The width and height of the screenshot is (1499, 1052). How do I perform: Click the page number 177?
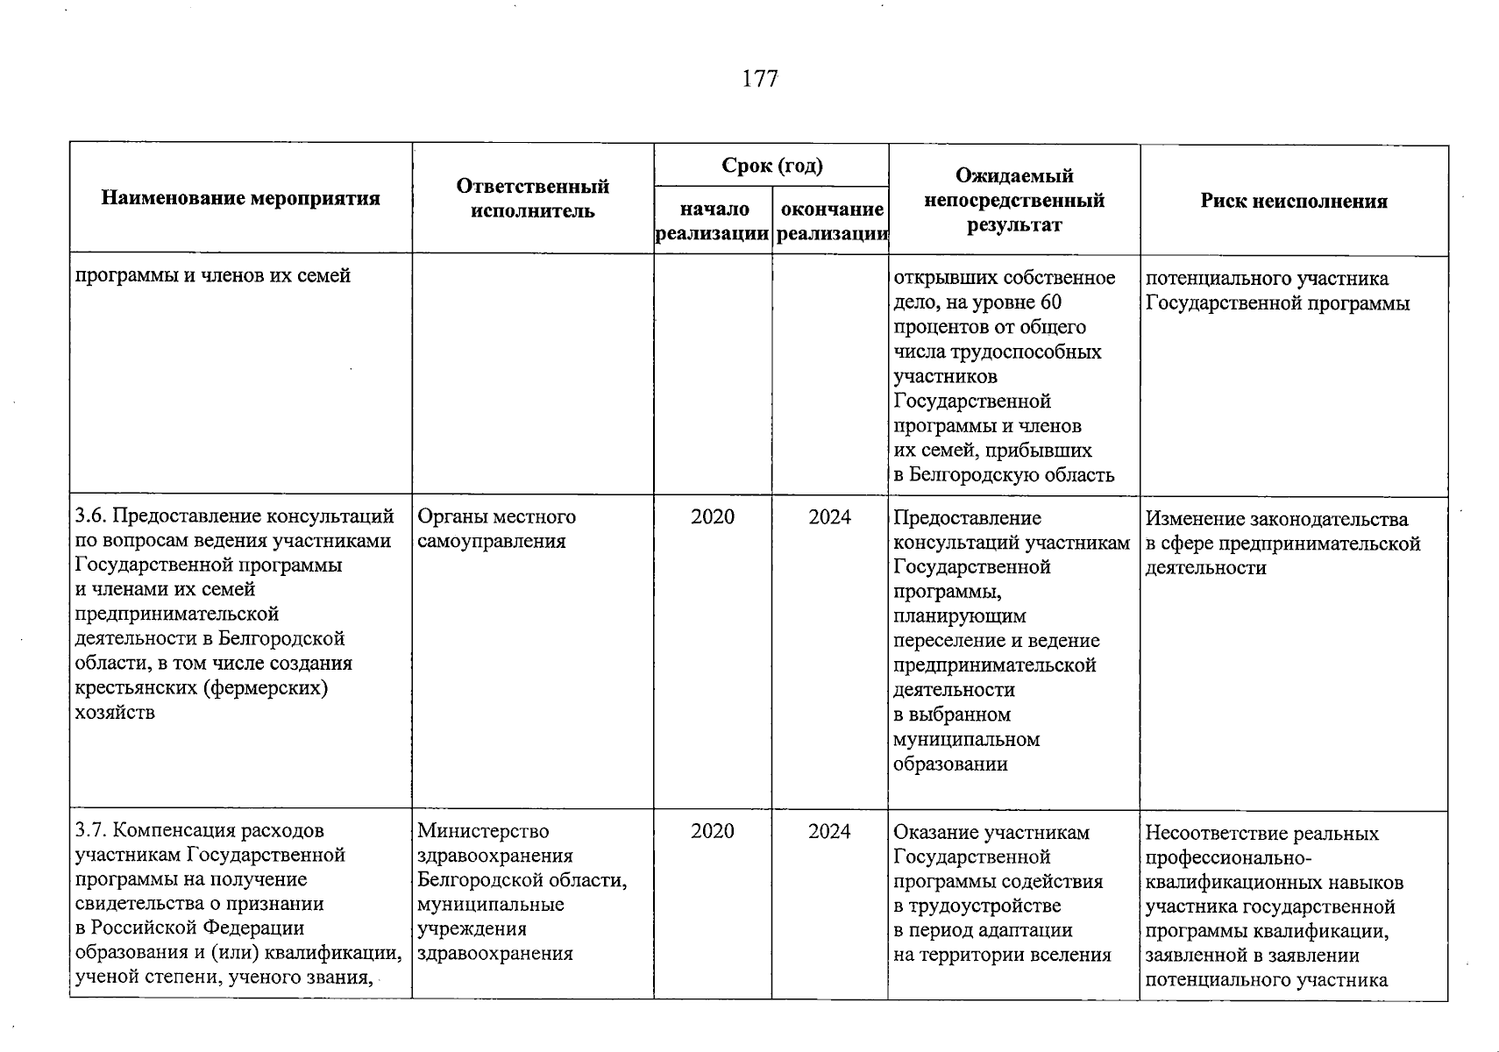[x=760, y=79]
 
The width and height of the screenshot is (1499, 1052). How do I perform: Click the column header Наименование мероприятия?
[x=241, y=198]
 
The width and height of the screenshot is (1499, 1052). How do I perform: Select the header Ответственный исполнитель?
[x=532, y=198]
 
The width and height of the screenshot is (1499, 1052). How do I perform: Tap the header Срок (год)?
[x=771, y=166]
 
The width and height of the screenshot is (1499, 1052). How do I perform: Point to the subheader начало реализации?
[x=714, y=221]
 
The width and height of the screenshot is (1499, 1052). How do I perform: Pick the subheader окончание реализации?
[x=831, y=221]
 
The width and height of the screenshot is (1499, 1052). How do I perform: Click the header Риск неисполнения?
[x=1294, y=202]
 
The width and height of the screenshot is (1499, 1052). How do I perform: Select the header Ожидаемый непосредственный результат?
[x=1014, y=200]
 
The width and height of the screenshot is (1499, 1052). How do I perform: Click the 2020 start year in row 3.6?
[x=713, y=517]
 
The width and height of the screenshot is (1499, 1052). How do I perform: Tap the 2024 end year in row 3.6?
[x=829, y=517]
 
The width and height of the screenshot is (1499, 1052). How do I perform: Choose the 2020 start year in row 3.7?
[x=713, y=831]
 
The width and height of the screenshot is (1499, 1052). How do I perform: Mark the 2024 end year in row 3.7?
[x=829, y=831]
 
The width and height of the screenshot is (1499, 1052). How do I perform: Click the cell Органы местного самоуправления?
[x=496, y=529]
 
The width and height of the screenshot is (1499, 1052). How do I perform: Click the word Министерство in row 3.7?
[x=483, y=831]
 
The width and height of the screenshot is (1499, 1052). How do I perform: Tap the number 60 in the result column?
[x=1049, y=303]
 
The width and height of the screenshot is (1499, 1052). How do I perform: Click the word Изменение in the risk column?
[x=1197, y=519]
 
